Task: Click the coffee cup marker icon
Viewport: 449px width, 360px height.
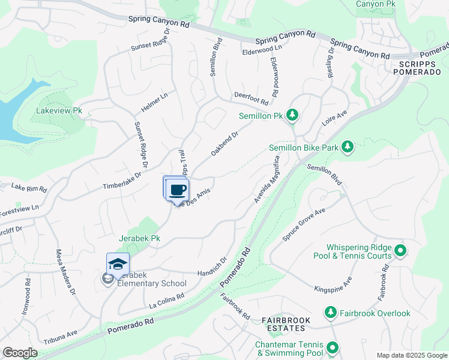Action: pos(177,190)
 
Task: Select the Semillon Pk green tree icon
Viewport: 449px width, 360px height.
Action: pos(292,114)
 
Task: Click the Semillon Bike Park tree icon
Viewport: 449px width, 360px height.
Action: pos(346,146)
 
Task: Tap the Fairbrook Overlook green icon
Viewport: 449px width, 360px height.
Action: pos(330,313)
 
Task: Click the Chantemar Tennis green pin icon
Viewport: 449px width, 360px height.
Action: pos(332,347)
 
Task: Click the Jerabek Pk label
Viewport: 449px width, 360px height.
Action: pos(139,238)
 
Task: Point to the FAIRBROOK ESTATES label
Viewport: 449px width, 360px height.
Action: pos(286,325)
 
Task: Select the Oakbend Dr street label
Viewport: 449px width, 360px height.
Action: pos(225,144)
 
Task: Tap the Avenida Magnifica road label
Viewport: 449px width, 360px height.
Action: pos(267,179)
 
